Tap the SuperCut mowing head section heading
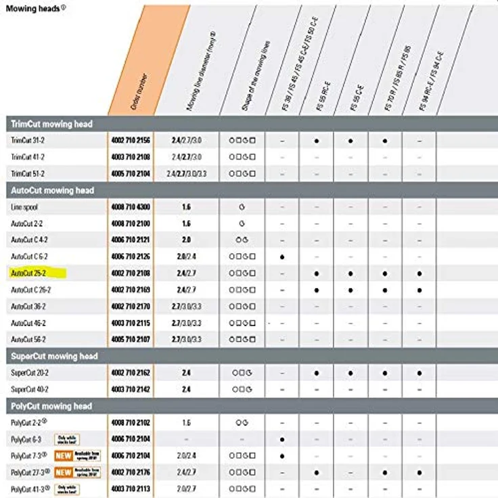[54, 357]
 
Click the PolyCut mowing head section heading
[51, 406]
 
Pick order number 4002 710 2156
[131, 141]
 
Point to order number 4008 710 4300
[131, 206]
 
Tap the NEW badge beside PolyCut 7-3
[64, 455]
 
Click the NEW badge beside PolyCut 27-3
[64, 472]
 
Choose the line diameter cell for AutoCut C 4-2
[186, 240]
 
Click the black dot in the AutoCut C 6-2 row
[281, 257]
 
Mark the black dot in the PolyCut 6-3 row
[281, 439]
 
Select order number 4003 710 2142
[131, 389]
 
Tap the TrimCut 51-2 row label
[28, 174]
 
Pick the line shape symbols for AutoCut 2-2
[242, 223]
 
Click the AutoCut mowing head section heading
[51, 190]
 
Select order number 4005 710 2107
[131, 339]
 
